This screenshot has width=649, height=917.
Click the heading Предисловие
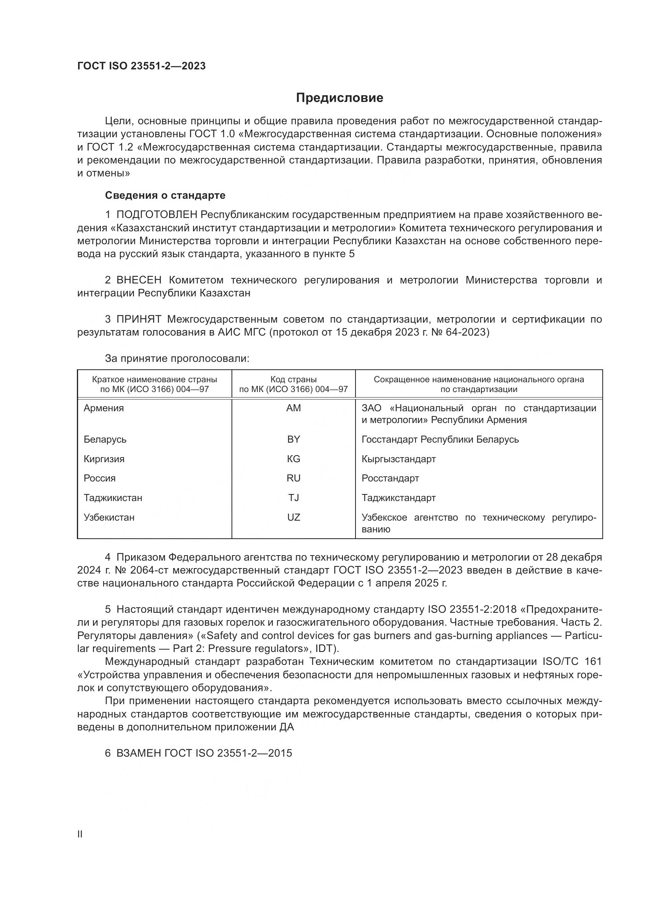click(x=339, y=98)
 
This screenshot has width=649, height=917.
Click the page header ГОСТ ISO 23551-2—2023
click(x=142, y=66)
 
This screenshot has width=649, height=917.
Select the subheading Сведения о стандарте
click(x=165, y=195)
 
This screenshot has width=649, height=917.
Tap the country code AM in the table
click(x=294, y=408)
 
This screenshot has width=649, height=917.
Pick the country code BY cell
click(x=294, y=439)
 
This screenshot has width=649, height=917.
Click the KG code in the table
click(x=294, y=459)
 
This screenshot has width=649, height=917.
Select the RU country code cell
click(x=294, y=478)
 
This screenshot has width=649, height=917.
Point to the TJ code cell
click(x=294, y=498)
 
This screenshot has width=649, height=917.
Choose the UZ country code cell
click(x=294, y=517)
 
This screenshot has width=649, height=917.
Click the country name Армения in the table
click(x=104, y=408)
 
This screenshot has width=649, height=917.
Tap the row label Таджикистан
click(x=113, y=498)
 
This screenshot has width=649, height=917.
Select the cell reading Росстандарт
click(x=390, y=478)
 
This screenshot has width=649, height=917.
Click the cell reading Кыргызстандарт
click(x=398, y=459)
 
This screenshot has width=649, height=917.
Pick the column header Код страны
click(x=294, y=380)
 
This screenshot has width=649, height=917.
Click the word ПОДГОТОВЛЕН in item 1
click(x=157, y=215)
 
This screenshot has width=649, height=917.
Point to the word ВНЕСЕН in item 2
click(x=139, y=280)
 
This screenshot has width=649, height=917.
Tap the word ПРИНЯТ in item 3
click(x=139, y=319)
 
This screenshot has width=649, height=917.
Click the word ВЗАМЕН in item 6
click(x=139, y=753)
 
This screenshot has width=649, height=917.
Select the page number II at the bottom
click(x=80, y=834)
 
